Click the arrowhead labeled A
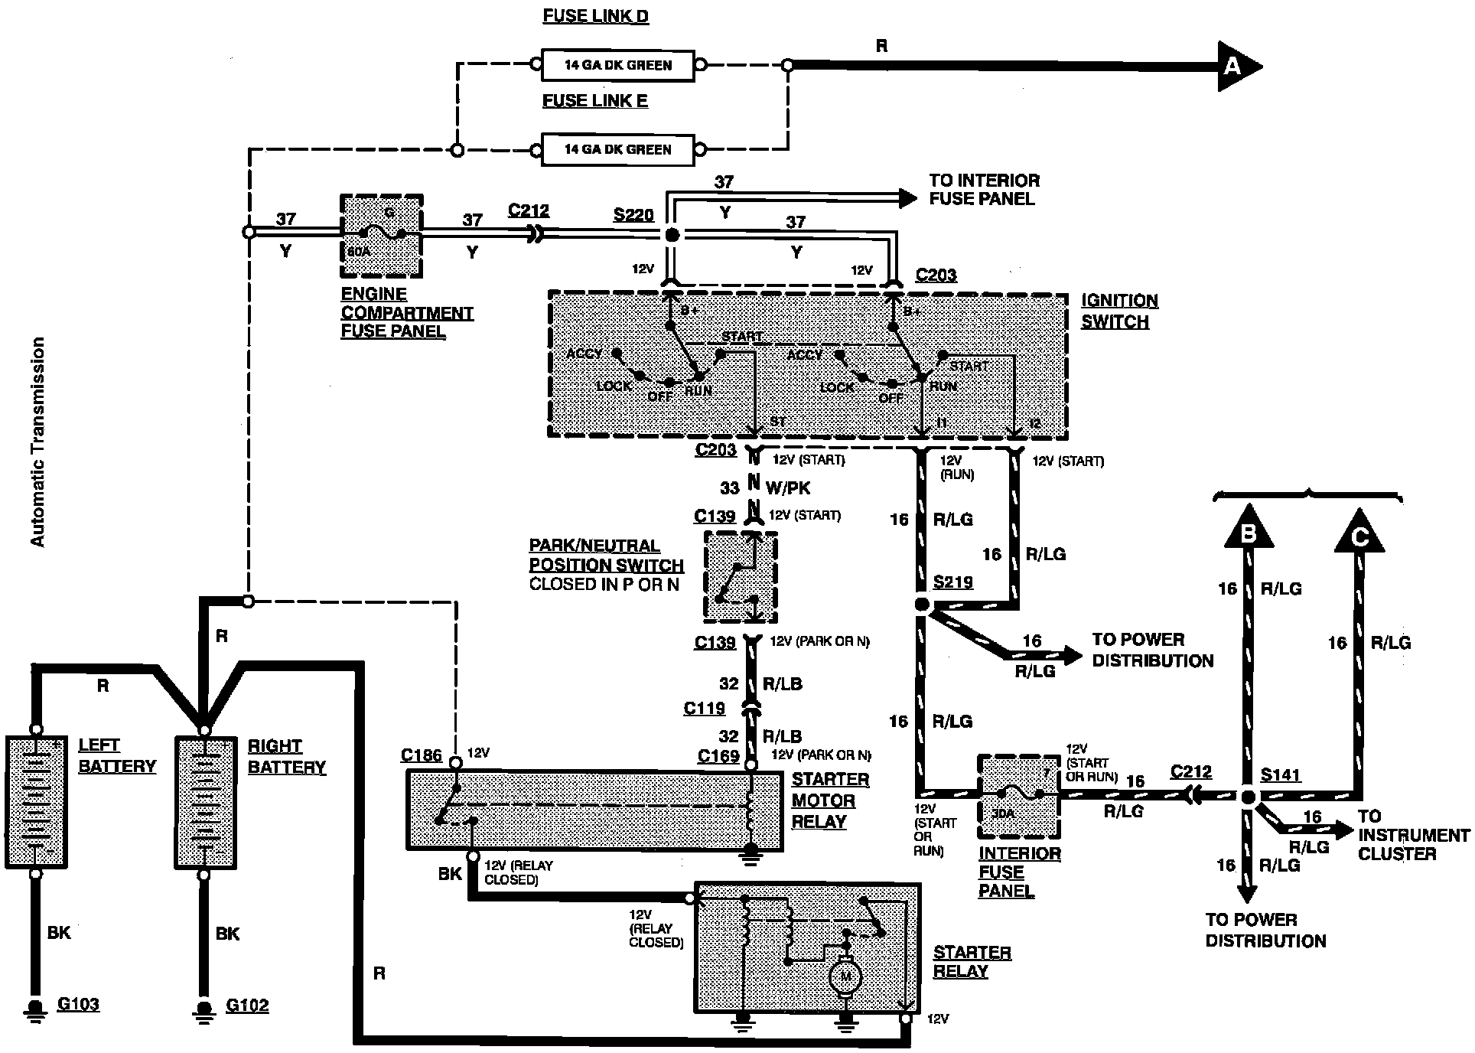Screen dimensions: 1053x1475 click(x=1235, y=67)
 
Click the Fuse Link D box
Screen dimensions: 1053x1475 click(x=617, y=66)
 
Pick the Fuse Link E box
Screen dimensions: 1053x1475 click(x=617, y=150)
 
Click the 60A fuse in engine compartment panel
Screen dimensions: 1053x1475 click(x=381, y=235)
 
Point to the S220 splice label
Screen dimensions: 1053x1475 click(x=633, y=215)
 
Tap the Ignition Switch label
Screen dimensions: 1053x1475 click(x=1118, y=311)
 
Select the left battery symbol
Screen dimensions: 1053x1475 click(x=36, y=802)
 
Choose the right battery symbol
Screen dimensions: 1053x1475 click(x=204, y=802)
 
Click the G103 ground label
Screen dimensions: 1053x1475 click(x=78, y=1004)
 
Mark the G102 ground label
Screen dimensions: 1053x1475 click(x=247, y=1005)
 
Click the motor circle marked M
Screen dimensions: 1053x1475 click(x=845, y=976)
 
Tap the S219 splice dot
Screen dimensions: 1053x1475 click(x=922, y=605)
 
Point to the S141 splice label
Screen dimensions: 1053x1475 click(x=1281, y=775)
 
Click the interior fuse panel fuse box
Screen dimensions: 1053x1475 click(x=1018, y=797)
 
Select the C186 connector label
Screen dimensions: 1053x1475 click(x=421, y=756)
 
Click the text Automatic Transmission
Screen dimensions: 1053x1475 click(x=37, y=442)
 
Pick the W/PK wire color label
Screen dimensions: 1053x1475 click(x=787, y=487)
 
